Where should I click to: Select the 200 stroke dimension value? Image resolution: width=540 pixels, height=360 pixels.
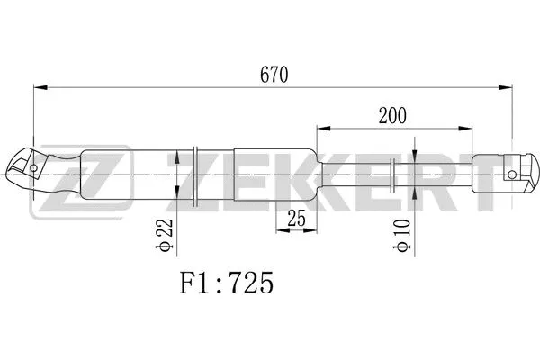pyautogui.click(x=392, y=116)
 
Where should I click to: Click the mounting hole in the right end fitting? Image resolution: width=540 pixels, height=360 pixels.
pyautogui.click(x=512, y=173)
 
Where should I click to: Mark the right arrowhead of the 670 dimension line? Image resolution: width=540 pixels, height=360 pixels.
pyautogui.click(x=507, y=87)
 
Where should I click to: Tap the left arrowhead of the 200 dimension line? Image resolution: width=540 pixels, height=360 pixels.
pyautogui.click(x=320, y=129)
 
